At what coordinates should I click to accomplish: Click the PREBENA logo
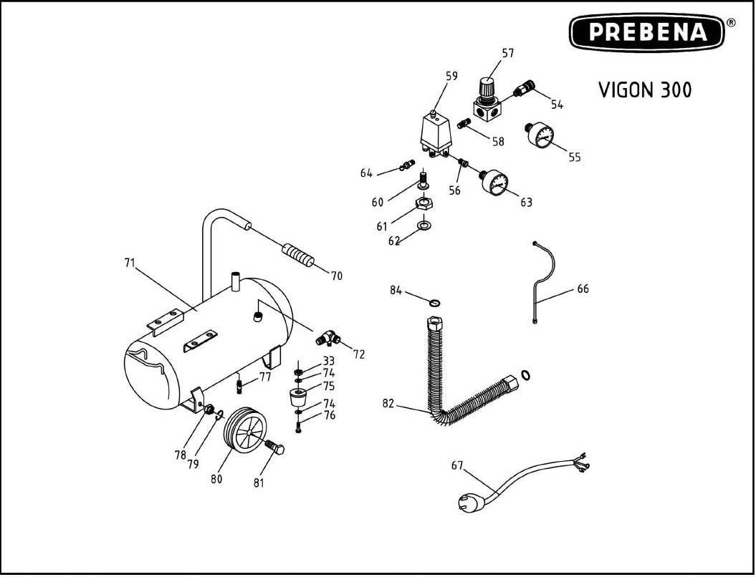pos(647,33)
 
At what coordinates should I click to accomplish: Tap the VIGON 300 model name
pos(645,90)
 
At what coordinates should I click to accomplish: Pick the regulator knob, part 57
pos(487,87)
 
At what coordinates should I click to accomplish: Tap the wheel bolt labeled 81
pos(275,450)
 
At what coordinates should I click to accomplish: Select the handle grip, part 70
pos(299,254)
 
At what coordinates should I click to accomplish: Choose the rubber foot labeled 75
pos(297,397)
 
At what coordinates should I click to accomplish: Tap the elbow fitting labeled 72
pos(328,336)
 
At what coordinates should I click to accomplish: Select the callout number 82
pos(389,403)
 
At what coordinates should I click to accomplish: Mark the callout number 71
pos(130,263)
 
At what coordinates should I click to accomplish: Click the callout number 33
pos(328,361)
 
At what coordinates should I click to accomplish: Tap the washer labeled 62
pos(424,227)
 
